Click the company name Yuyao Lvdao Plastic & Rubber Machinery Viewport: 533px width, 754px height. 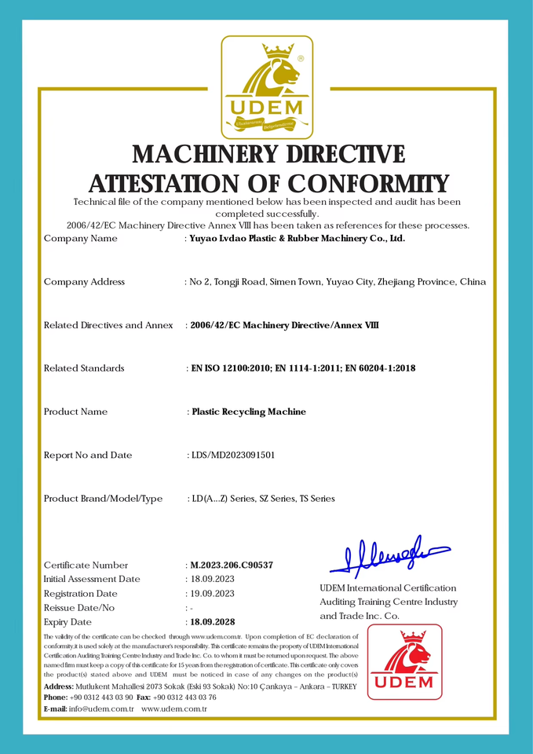click(x=298, y=238)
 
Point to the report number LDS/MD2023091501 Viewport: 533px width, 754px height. click(x=233, y=455)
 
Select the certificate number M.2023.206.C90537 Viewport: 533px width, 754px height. click(x=232, y=565)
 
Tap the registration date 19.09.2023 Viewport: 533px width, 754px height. click(x=211, y=593)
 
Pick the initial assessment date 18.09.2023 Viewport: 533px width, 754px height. click(x=211, y=579)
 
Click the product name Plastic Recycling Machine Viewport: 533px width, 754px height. click(x=249, y=412)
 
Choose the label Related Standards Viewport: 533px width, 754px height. click(x=84, y=368)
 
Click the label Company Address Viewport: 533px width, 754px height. click(x=84, y=281)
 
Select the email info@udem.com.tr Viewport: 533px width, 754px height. click(x=102, y=708)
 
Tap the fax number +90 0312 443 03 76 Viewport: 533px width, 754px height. click(x=185, y=697)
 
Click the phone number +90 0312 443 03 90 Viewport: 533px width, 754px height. click(x=101, y=697)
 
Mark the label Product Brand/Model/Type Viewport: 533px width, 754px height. click(x=103, y=498)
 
